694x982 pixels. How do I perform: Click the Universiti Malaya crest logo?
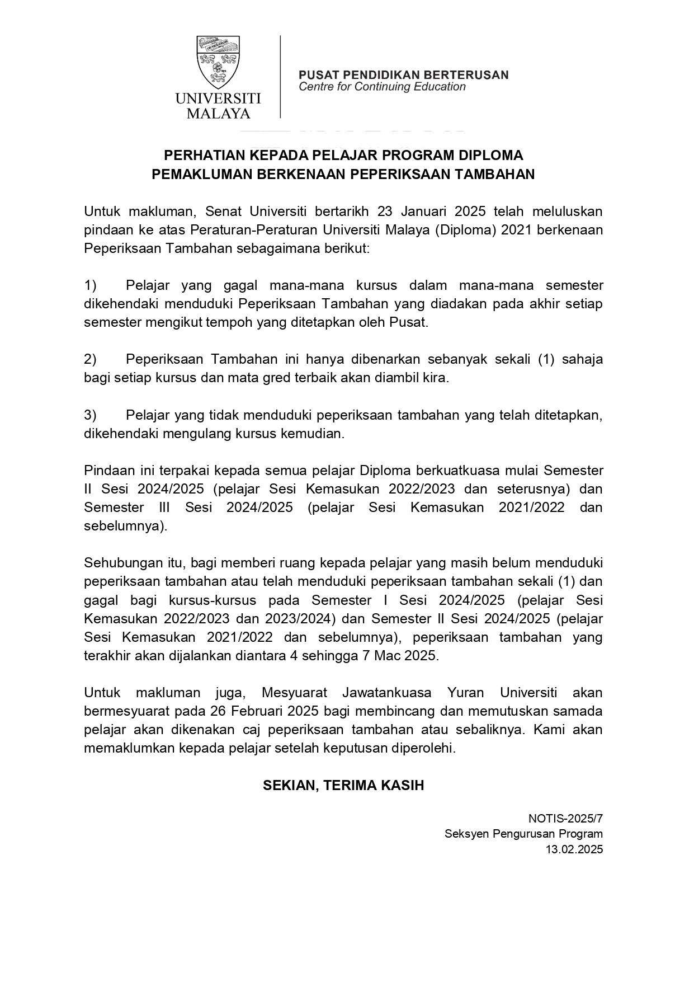click(x=218, y=60)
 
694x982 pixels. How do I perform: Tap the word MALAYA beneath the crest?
click(x=218, y=114)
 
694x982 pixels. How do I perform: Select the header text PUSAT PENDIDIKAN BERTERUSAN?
click(x=403, y=75)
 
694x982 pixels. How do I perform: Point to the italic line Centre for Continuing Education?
click(x=382, y=87)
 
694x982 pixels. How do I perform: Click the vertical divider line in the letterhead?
click(x=280, y=77)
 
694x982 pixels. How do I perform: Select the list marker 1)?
click(x=91, y=285)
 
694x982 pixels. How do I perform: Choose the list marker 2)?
click(x=91, y=359)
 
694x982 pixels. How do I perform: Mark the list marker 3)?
click(x=91, y=415)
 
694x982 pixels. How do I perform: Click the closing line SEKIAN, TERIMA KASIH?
click(x=343, y=785)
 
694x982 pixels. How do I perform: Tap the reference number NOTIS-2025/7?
click(x=565, y=819)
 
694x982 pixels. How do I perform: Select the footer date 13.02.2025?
click(x=574, y=849)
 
